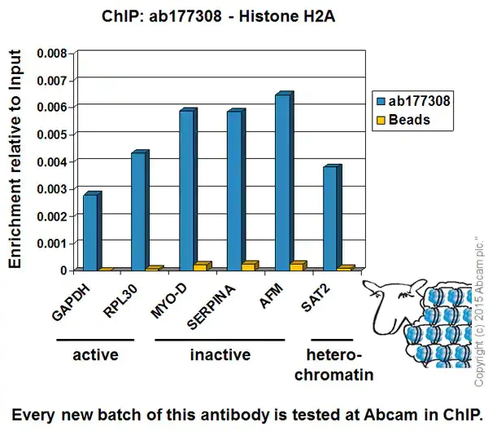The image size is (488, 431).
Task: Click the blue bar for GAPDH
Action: tap(90, 232)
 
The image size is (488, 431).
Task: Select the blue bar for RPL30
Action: tap(138, 211)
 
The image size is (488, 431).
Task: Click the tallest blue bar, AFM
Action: tap(282, 182)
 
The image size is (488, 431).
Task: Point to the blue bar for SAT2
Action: tap(330, 218)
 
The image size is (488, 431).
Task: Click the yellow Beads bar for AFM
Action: tap(298, 266)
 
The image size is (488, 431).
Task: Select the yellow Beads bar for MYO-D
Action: tap(201, 266)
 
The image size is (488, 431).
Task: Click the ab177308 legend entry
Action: tap(412, 101)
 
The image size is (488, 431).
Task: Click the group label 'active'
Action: tap(95, 355)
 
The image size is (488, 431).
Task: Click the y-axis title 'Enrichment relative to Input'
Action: tap(15, 158)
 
